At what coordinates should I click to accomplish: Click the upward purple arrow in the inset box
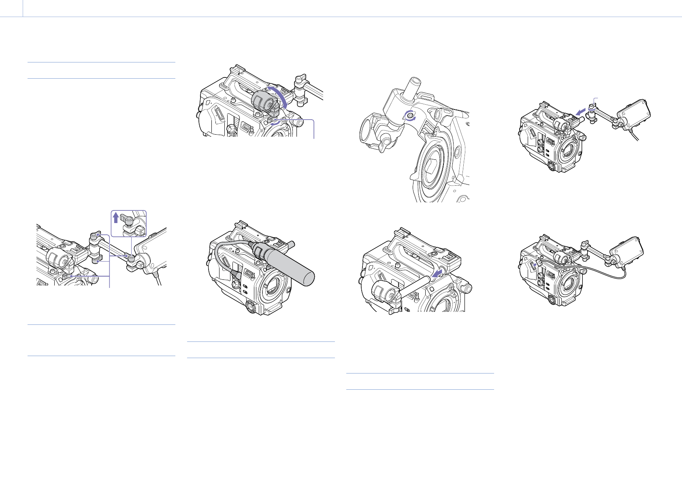click(x=116, y=218)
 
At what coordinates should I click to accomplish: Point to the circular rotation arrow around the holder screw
click(x=411, y=116)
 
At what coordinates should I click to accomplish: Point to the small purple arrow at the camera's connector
click(x=535, y=264)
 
